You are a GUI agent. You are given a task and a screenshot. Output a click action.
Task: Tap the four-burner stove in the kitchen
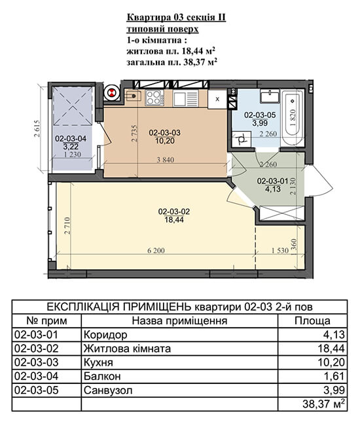click(x=154, y=98)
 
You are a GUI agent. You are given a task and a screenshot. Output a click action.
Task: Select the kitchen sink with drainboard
click(x=186, y=98)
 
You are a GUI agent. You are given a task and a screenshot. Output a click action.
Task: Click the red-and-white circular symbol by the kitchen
click(x=111, y=93)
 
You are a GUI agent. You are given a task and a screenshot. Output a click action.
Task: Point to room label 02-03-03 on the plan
click(x=165, y=132)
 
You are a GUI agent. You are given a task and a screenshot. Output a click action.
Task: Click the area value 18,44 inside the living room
click(x=174, y=220)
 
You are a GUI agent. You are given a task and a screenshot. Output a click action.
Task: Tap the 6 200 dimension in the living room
click(x=156, y=250)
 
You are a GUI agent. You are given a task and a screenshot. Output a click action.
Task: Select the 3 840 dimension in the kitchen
click(x=166, y=160)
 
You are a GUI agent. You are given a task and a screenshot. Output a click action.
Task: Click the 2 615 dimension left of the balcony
click(x=37, y=128)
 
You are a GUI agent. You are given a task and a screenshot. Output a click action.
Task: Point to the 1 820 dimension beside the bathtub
click(x=293, y=117)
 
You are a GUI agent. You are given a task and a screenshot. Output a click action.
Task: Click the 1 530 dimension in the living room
click(x=279, y=250)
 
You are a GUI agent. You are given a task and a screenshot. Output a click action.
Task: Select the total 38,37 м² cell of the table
click(x=323, y=404)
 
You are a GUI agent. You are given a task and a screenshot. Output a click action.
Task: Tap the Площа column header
click(x=312, y=321)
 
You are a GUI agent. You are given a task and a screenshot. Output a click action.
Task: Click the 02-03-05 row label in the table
click(x=36, y=390)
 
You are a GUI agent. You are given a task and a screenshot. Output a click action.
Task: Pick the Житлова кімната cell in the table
click(x=127, y=349)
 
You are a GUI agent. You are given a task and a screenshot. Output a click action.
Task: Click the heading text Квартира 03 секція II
click(x=176, y=18)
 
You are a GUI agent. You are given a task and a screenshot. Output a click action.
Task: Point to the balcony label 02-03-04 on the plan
click(x=71, y=139)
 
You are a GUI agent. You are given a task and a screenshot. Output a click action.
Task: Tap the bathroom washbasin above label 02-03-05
click(x=270, y=96)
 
